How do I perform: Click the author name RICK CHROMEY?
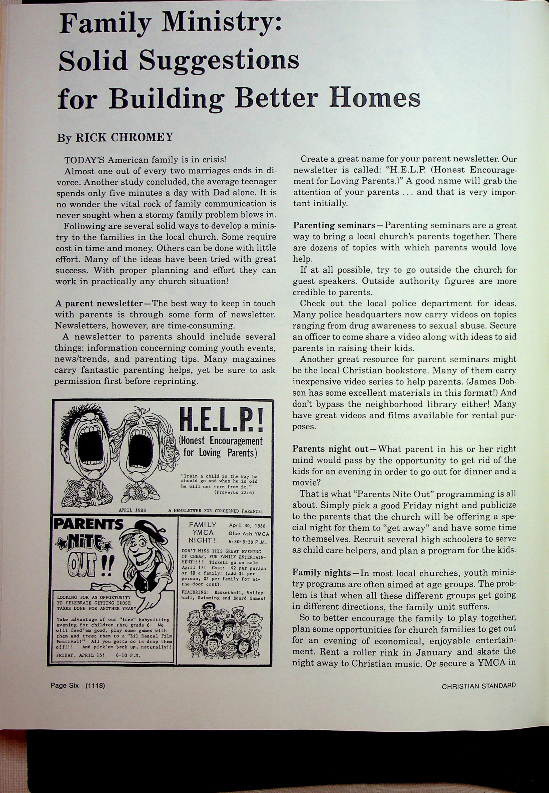point(124,138)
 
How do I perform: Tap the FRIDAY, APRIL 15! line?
point(80,655)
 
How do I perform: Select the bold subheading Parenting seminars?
point(334,226)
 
